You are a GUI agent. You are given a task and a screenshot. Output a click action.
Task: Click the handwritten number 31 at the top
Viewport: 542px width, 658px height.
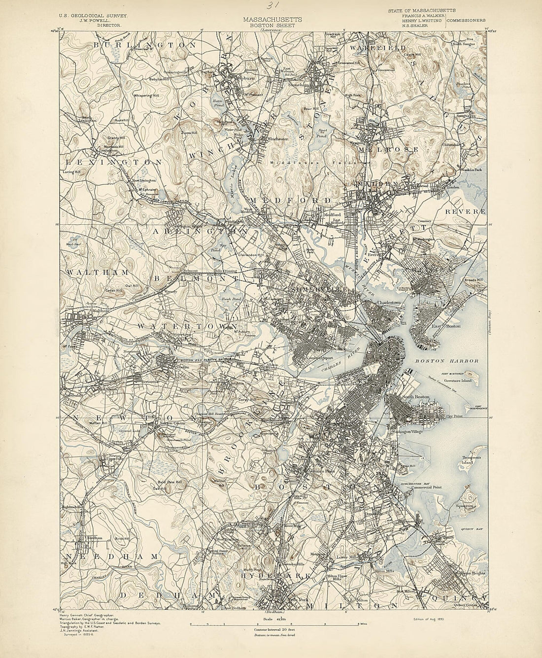(271, 6)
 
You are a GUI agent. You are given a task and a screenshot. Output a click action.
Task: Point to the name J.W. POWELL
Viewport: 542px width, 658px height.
(94, 21)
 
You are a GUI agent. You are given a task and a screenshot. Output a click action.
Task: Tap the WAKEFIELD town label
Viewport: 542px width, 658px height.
(377, 48)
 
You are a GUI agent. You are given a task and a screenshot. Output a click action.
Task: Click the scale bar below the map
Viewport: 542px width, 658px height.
(271, 623)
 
